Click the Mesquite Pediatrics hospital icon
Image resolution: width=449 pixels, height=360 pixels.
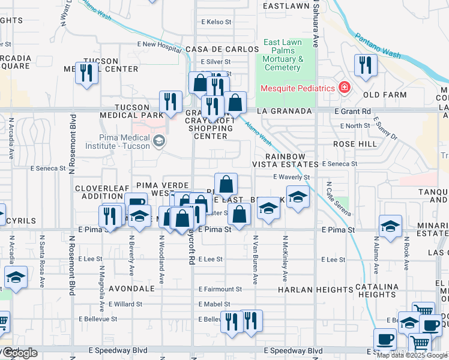click(344, 88)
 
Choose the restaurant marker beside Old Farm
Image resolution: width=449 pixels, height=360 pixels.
click(365, 65)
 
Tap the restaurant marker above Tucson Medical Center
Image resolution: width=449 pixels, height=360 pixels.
click(86, 74)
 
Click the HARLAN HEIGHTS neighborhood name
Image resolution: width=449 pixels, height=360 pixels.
click(306, 289)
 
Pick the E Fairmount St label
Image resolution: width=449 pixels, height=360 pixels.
click(220, 289)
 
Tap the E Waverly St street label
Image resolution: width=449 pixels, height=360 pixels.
click(291, 177)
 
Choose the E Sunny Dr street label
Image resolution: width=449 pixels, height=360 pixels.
click(385, 128)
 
